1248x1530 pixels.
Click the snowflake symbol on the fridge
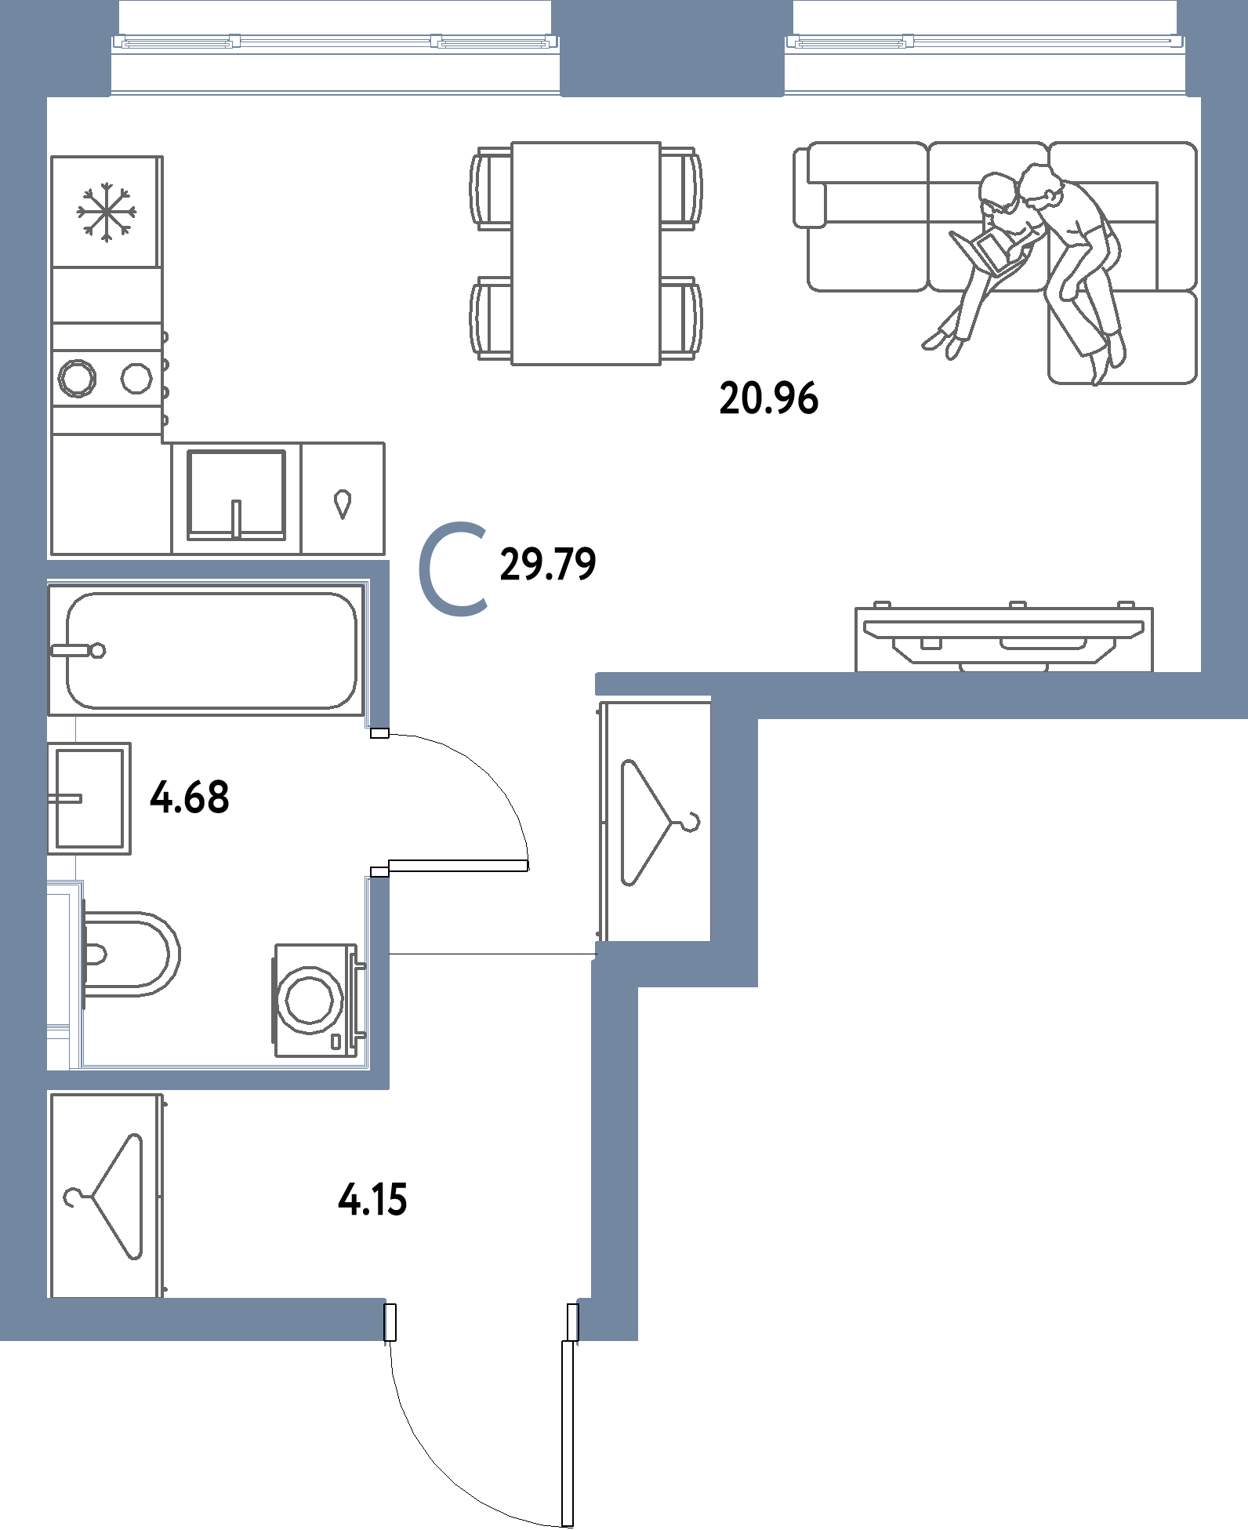(107, 210)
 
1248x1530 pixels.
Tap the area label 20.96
(768, 399)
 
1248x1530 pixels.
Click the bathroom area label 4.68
(190, 798)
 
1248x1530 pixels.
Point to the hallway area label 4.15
(372, 1199)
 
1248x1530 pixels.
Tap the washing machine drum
(312, 998)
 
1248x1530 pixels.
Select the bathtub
(212, 650)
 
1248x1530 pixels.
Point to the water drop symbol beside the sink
(342, 503)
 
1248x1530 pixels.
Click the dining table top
(586, 253)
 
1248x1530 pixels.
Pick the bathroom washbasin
(89, 798)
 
